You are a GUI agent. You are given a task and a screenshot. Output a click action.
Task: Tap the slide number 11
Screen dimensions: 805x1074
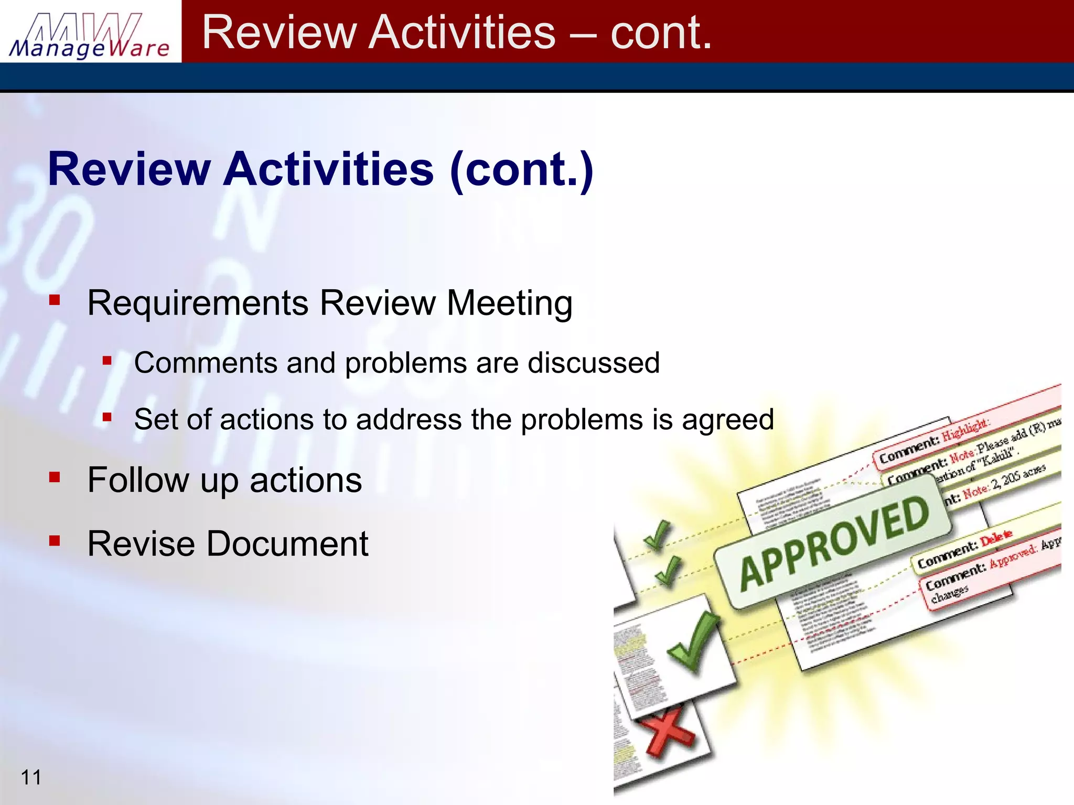coord(31,777)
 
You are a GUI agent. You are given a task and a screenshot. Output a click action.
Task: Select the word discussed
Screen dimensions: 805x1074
coord(594,363)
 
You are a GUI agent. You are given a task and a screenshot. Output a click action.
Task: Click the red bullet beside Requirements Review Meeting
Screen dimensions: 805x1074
coord(55,300)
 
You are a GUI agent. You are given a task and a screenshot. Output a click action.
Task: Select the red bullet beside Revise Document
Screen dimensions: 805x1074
coord(55,540)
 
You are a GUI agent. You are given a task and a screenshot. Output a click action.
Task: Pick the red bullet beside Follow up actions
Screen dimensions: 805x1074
coord(55,477)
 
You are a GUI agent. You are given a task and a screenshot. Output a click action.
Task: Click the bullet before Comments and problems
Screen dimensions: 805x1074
coord(108,361)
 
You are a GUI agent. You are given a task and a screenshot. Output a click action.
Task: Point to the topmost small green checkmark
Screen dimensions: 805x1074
coord(657,535)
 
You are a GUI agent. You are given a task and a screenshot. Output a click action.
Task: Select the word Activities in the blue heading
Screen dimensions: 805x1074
coord(329,169)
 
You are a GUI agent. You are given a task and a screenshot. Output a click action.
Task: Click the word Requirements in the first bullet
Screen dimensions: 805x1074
coord(198,303)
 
